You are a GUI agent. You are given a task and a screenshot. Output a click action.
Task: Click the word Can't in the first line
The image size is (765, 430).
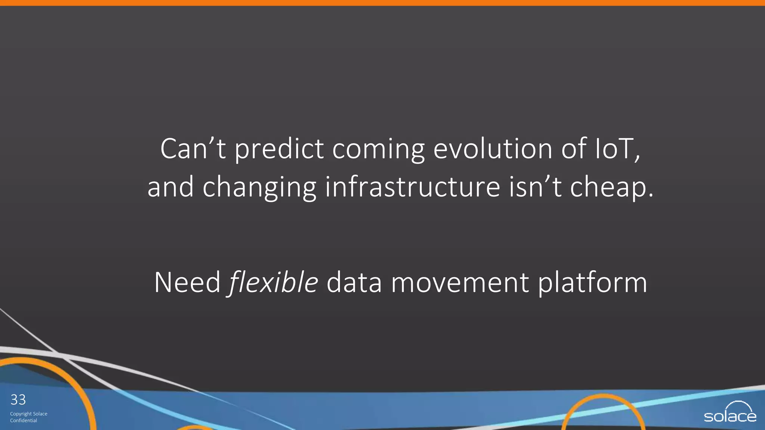[193, 149]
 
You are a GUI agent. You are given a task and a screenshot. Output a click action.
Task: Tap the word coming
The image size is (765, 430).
[378, 150]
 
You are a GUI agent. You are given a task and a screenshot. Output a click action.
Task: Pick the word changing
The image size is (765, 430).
[259, 187]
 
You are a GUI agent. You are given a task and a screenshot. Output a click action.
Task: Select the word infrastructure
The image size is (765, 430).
[412, 187]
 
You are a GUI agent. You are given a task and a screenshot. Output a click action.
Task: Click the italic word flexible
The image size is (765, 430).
[273, 283]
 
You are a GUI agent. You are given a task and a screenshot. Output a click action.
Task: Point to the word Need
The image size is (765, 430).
[187, 283]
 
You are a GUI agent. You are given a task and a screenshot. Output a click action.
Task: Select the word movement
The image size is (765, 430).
[459, 283]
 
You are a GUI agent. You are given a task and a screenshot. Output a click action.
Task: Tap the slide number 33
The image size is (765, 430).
[18, 400]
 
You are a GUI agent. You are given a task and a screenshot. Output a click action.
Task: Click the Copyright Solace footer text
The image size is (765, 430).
[29, 414]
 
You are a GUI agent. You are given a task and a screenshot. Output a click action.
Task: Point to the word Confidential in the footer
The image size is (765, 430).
[24, 421]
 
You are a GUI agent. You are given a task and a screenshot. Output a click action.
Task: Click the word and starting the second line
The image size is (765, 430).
[170, 187]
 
